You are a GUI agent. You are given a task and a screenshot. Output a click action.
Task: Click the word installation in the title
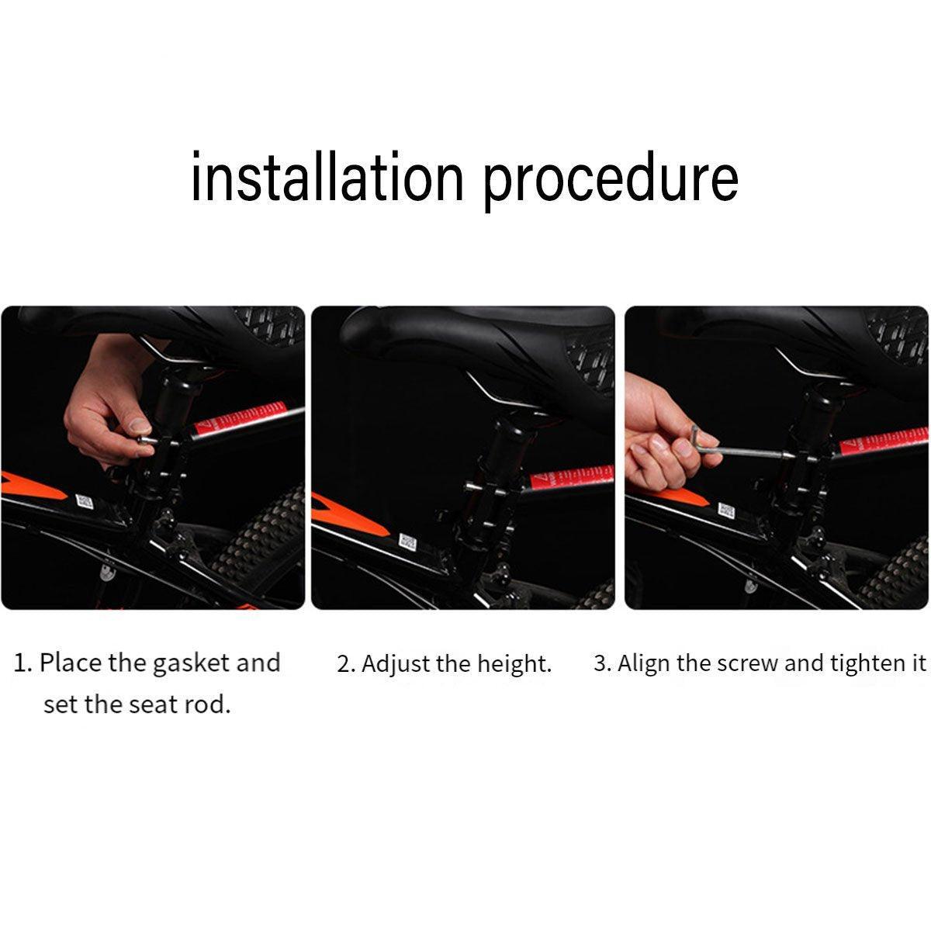(327, 176)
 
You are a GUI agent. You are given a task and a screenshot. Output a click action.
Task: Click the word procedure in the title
(611, 181)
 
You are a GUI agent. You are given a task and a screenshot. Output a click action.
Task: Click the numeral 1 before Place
(20, 663)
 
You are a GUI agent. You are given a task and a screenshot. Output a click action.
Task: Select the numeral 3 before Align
(600, 663)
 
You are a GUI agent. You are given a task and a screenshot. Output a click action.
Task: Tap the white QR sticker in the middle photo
(407, 542)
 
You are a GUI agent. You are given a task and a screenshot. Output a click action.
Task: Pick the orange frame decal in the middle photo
(348, 514)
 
